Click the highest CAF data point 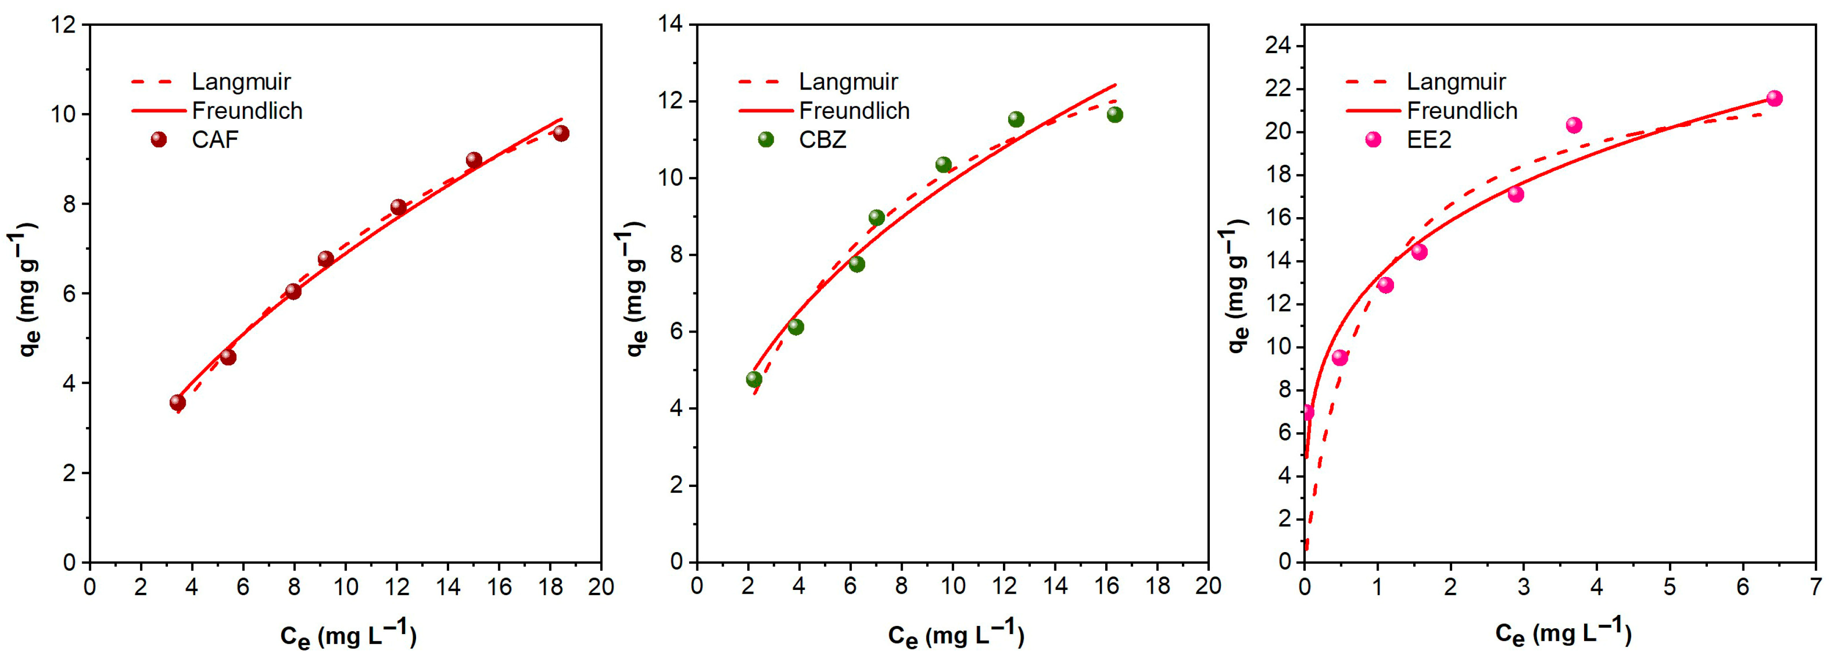[x=561, y=133]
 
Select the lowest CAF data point [x=178, y=403]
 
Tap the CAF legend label [x=215, y=139]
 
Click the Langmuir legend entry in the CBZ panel [x=847, y=82]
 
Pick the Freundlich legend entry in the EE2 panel [x=1462, y=111]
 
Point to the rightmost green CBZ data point [x=1115, y=115]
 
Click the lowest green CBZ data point [x=754, y=380]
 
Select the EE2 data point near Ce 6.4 [x=1774, y=98]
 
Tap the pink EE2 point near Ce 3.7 [x=1574, y=126]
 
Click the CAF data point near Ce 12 [x=398, y=207]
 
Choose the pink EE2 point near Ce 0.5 [x=1340, y=358]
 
